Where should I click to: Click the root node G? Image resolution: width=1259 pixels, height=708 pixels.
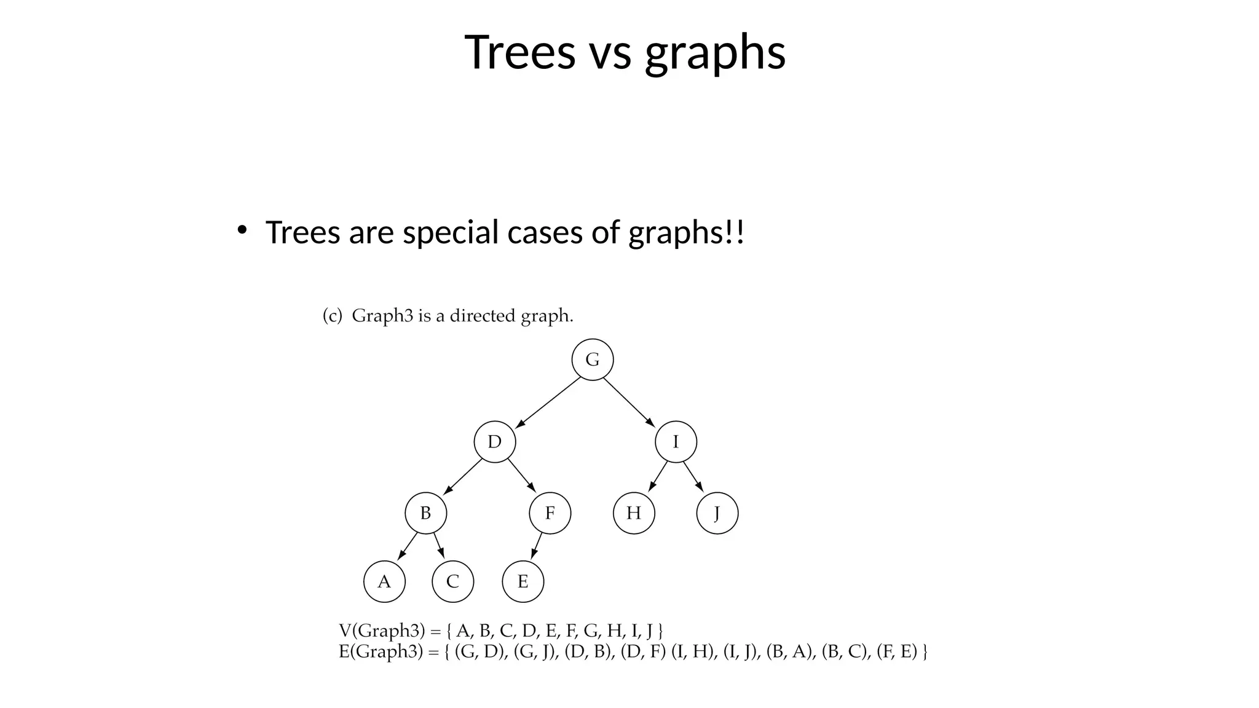pyautogui.click(x=593, y=360)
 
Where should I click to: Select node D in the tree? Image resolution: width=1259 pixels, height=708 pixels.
pyautogui.click(x=495, y=442)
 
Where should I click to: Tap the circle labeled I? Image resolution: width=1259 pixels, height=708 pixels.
pyautogui.click(x=676, y=442)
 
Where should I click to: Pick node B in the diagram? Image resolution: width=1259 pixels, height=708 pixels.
pyautogui.click(x=425, y=513)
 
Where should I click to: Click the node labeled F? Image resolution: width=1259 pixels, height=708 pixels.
pyautogui.click(x=550, y=513)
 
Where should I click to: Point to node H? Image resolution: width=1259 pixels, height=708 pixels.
pyautogui.click(x=634, y=513)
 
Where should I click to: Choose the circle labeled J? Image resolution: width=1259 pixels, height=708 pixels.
pyautogui.click(x=717, y=513)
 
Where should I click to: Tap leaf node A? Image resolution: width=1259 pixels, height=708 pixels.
pyautogui.click(x=384, y=581)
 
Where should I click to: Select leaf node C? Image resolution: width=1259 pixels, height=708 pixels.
pyautogui.click(x=452, y=581)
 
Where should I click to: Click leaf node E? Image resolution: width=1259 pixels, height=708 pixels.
pyautogui.click(x=523, y=581)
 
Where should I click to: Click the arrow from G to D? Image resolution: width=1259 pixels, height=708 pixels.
pyautogui.click(x=548, y=402)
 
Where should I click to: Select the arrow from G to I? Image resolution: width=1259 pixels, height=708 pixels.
pyautogui.click(x=629, y=401)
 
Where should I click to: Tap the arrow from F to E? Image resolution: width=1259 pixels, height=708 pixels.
pyautogui.click(x=537, y=546)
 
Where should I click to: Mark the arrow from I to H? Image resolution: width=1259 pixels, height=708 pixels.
pyautogui.click(x=658, y=476)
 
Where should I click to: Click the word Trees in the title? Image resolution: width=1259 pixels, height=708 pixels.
pyautogui.click(x=520, y=52)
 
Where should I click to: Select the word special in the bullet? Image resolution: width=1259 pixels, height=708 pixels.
pyautogui.click(x=450, y=232)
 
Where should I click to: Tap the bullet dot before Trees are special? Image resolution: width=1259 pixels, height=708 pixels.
pyautogui.click(x=242, y=230)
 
